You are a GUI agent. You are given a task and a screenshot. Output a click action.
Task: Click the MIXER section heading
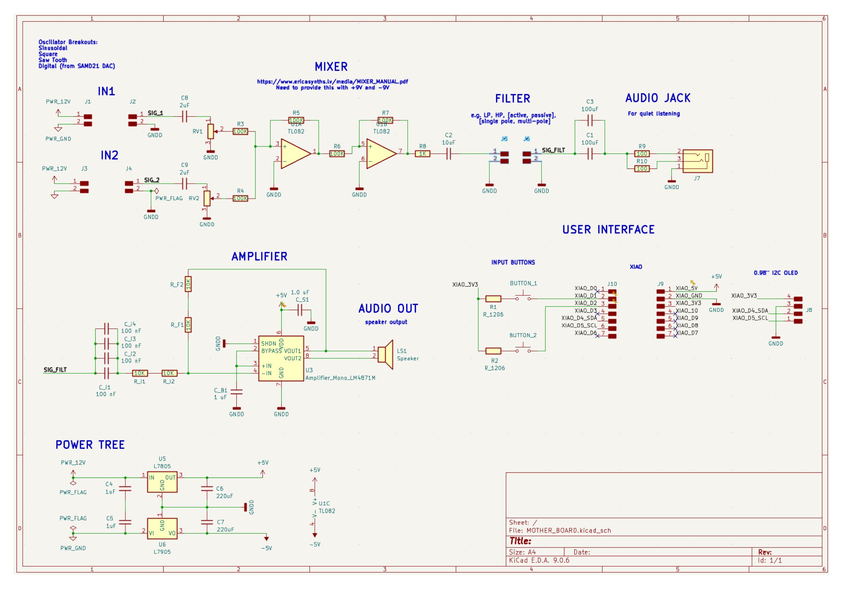tap(331, 67)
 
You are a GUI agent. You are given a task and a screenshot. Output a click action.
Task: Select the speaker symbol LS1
tap(386, 354)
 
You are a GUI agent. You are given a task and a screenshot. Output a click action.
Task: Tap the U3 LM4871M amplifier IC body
tap(281, 358)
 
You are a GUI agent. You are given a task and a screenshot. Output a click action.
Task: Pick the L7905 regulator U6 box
tap(162, 528)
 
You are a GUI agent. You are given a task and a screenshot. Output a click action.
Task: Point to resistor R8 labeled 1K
tap(422, 154)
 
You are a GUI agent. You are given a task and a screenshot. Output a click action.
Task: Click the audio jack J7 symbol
tap(697, 161)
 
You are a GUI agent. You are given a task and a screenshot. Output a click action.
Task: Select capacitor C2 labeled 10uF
tap(449, 154)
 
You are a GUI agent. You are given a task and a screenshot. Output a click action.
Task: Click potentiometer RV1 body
tap(210, 130)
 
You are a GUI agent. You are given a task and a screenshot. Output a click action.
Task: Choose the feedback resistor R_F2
tap(188, 284)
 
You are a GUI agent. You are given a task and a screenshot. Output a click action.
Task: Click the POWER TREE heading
tap(90, 445)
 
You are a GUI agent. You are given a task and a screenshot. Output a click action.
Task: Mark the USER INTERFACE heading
tap(608, 230)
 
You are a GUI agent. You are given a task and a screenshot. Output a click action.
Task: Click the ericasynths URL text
tap(332, 82)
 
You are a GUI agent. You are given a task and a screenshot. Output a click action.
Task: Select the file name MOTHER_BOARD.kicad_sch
tap(568, 531)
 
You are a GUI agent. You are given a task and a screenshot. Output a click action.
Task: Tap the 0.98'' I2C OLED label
tap(775, 273)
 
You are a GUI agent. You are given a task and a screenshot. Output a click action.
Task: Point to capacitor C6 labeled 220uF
tap(207, 489)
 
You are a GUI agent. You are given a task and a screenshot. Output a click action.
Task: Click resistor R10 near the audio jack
tap(642, 168)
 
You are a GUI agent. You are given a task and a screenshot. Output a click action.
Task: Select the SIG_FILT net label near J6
tap(553, 150)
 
